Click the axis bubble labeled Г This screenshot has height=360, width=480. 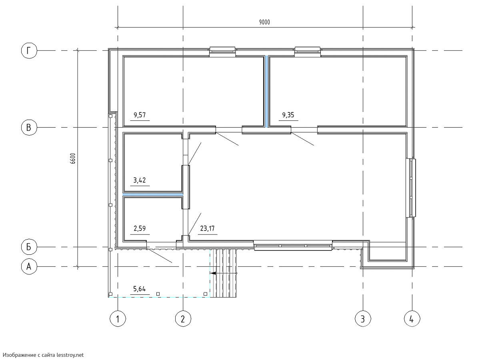(29, 50)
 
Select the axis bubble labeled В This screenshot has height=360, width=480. (29, 128)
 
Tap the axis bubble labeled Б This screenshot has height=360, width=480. (29, 247)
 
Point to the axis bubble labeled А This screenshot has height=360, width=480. (29, 267)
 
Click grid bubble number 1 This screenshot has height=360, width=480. (118, 318)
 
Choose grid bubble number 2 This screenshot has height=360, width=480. (183, 318)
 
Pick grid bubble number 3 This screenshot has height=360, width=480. (363, 318)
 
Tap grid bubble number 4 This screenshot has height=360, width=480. (412, 318)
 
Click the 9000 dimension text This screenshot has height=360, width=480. (264, 22)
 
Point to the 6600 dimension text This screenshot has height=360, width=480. (73, 158)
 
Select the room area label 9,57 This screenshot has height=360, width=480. (140, 115)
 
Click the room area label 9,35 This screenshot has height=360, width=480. (288, 115)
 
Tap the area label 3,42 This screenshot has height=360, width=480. (140, 180)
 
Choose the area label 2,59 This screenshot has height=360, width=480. (140, 228)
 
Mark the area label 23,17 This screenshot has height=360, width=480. (207, 228)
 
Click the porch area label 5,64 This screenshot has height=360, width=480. (140, 289)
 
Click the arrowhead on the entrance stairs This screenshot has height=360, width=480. (213, 273)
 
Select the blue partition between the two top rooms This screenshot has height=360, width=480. (266, 91)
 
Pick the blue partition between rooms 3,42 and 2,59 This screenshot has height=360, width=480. (153, 194)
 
